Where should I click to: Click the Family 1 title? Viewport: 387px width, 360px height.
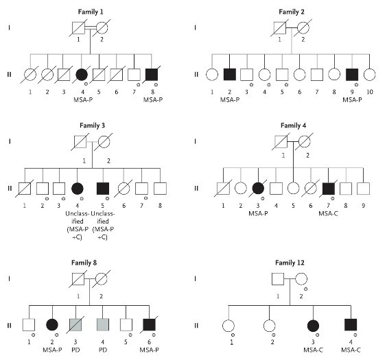[x=91, y=12]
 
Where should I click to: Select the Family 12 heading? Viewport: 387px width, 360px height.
[x=290, y=263]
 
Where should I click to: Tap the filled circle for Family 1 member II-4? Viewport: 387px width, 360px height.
[x=82, y=75]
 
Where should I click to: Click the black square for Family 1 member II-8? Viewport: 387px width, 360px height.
[x=152, y=75]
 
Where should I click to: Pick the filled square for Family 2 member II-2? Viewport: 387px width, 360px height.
[x=230, y=75]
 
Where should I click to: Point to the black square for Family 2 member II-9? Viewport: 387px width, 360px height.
[x=352, y=75]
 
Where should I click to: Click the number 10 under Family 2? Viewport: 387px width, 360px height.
[x=369, y=92]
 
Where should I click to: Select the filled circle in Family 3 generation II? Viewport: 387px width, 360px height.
[x=78, y=189]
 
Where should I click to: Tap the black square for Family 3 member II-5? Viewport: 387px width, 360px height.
[x=103, y=189]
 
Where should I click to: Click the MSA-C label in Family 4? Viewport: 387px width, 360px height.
[x=328, y=213]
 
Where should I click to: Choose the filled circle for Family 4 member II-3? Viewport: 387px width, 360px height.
[x=258, y=189]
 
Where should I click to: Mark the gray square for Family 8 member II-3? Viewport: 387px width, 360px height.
[x=75, y=325]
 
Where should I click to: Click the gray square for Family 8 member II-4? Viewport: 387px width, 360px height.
[x=103, y=325]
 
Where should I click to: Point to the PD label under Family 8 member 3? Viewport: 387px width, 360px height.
[x=75, y=350]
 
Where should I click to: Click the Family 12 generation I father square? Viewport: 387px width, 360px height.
[x=278, y=279]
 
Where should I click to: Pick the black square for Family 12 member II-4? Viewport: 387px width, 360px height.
[x=351, y=325]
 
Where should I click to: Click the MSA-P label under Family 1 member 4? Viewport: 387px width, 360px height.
[x=83, y=100]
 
